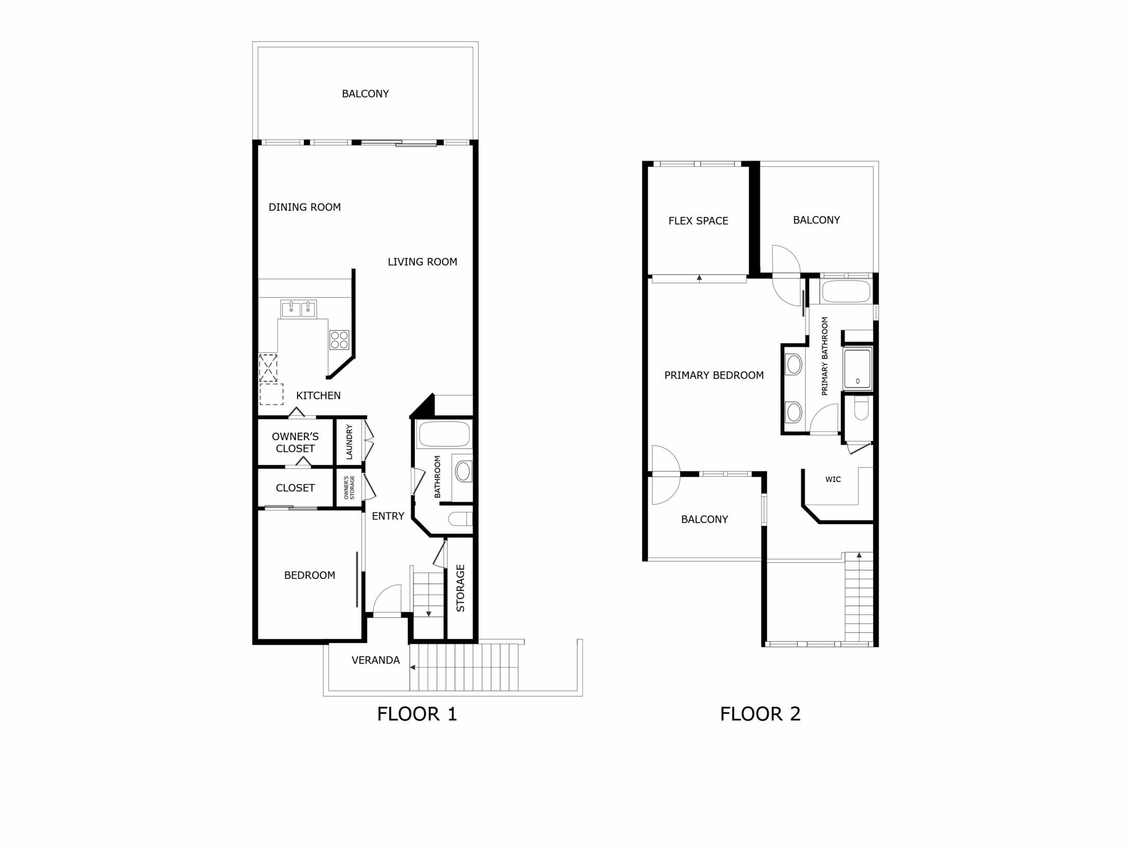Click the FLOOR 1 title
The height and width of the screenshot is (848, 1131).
click(x=417, y=714)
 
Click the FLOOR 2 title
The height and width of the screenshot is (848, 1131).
click(x=760, y=714)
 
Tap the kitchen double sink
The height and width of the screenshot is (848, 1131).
click(x=299, y=309)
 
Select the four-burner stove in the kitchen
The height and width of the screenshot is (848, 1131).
click(x=339, y=340)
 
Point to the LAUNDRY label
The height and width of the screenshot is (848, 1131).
click(x=349, y=441)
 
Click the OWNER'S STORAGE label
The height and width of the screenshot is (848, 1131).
click(x=349, y=487)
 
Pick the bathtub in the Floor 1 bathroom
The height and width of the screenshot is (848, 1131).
click(x=444, y=434)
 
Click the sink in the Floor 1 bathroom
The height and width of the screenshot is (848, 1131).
click(x=463, y=471)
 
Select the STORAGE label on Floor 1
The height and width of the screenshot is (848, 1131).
click(x=460, y=588)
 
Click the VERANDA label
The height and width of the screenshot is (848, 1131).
click(x=375, y=660)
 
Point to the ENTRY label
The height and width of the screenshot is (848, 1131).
click(x=388, y=516)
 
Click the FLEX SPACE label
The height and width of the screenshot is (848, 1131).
click(x=698, y=221)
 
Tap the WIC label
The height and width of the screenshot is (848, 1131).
click(x=833, y=480)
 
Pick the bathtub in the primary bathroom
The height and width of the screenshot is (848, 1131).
click(x=846, y=291)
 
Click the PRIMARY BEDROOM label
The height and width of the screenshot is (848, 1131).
click(x=714, y=376)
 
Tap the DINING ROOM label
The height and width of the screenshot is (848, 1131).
click(x=304, y=207)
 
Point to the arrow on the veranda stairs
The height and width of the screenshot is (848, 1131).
click(x=412, y=668)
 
